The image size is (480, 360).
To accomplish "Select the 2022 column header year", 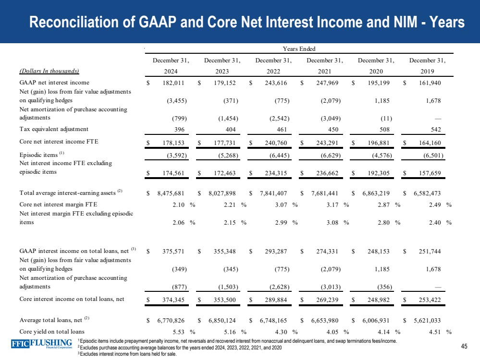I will coord(273,71).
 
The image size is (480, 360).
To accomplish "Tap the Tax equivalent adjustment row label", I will coord(54,129).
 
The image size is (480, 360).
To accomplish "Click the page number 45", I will coord(464,347).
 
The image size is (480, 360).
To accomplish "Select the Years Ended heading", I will coord(299,48).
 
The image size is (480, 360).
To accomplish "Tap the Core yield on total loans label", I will coord(52,332).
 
